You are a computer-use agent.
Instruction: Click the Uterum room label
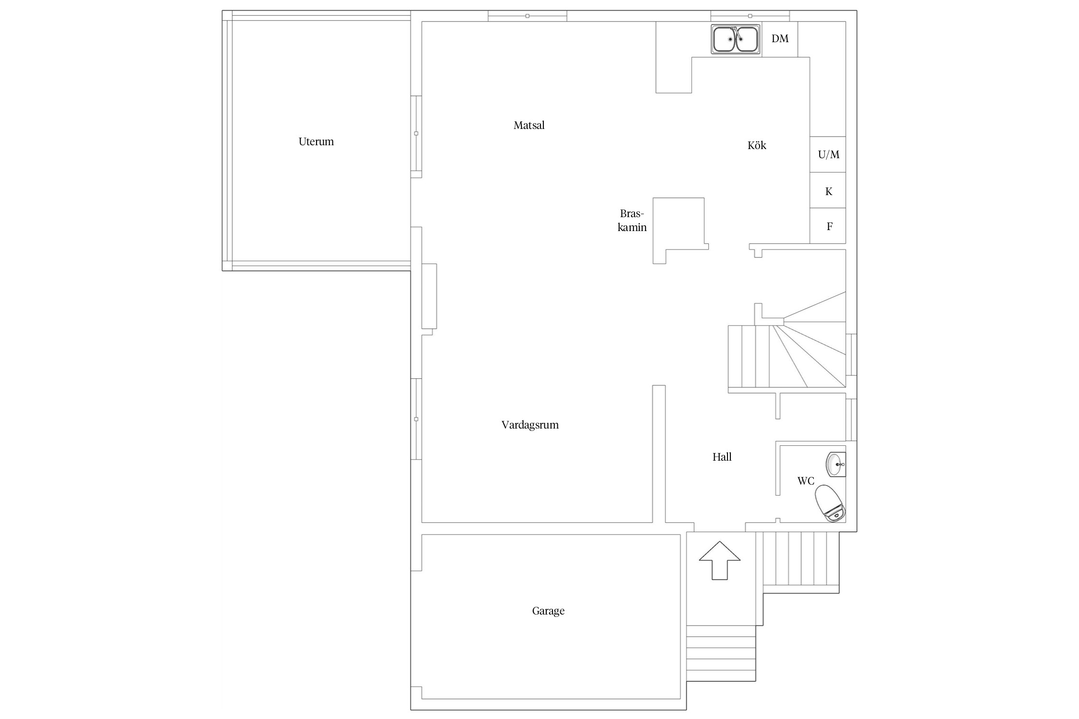tap(316, 141)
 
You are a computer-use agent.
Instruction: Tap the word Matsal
tap(529, 125)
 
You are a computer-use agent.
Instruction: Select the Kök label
tap(757, 145)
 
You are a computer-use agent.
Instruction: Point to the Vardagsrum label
tap(530, 425)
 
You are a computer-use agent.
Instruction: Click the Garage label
tap(548, 611)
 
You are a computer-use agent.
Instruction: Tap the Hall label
tap(722, 457)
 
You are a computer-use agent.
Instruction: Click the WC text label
tap(806, 481)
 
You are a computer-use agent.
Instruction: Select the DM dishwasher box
tap(780, 39)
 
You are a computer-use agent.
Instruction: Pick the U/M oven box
tap(828, 154)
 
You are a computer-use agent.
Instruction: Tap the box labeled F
tap(828, 226)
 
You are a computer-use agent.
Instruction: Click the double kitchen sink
tap(736, 39)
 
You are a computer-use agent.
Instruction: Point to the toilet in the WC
tap(830, 503)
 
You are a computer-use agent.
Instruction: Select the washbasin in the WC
tap(835, 464)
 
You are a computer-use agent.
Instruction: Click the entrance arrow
tap(719, 560)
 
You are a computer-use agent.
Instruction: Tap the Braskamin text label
tap(632, 220)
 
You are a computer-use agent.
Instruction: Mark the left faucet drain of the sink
tap(730, 39)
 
